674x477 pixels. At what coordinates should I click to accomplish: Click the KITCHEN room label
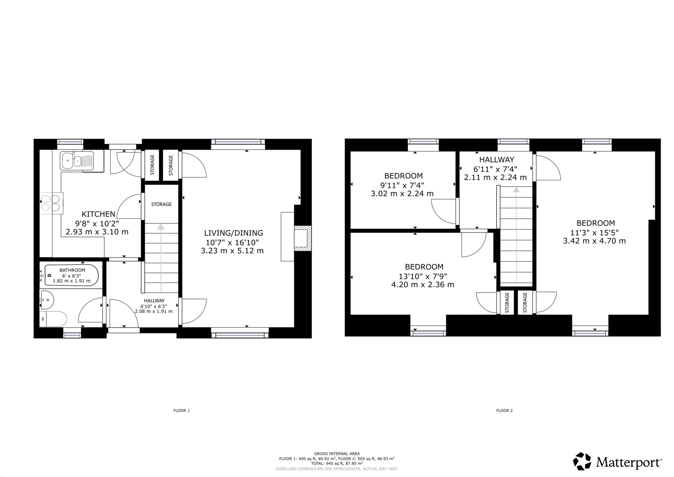point(98,214)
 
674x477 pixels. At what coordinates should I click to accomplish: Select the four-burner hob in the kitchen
point(52,203)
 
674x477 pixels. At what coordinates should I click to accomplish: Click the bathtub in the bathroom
point(71,275)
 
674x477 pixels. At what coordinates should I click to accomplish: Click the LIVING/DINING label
point(234,233)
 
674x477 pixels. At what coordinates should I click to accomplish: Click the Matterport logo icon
point(582,461)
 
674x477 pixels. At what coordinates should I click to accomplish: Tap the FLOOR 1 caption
point(182,411)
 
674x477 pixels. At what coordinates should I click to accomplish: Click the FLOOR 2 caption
point(504,411)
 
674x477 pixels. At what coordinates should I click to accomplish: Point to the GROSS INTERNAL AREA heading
point(337,454)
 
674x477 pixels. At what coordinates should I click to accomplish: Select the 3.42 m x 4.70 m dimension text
point(594,241)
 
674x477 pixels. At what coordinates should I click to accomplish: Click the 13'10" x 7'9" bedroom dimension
point(423,276)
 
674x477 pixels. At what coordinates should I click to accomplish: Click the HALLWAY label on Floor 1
point(154,301)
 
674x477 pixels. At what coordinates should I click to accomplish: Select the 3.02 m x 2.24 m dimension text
point(402,194)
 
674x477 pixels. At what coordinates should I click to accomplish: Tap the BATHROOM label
point(72,270)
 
